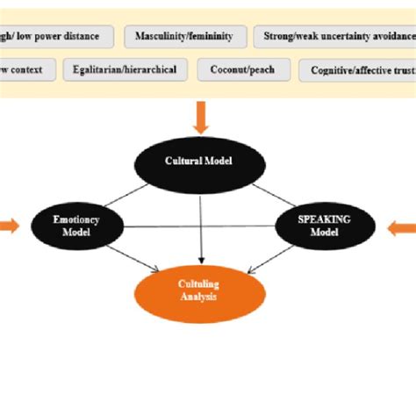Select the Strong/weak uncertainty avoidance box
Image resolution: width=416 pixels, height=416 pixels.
[x=334, y=37]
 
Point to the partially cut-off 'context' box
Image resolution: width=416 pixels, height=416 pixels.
[x=26, y=69]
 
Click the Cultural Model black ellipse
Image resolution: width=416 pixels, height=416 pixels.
[x=201, y=162]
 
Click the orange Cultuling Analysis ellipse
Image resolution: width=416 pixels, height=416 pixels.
[x=201, y=290]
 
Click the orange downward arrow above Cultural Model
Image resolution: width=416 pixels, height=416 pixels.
[x=201, y=118]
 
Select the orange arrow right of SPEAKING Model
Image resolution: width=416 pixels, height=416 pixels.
[x=402, y=227]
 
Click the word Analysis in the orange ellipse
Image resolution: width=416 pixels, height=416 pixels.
[x=201, y=298]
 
